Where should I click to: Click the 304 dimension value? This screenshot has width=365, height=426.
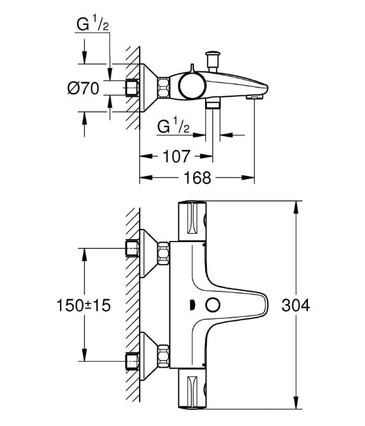[295, 305]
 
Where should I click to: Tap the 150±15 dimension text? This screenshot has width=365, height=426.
[84, 305]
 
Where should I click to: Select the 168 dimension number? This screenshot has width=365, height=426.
[197, 178]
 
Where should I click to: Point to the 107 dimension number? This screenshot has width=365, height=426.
[177, 156]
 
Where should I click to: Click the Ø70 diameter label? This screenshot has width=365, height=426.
[83, 88]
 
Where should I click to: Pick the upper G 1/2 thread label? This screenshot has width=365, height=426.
[93, 24]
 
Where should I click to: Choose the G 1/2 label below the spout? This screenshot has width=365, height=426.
[174, 126]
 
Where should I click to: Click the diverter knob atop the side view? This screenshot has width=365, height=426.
[213, 61]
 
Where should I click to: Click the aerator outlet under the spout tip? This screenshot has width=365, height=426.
[254, 97]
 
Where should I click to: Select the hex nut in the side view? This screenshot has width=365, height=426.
[163, 87]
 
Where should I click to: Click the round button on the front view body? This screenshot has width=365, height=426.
[212, 305]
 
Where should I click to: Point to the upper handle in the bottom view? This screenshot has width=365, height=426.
[192, 221]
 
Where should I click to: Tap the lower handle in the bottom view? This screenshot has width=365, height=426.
[192, 389]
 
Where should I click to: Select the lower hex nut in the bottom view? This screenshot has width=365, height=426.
[163, 355]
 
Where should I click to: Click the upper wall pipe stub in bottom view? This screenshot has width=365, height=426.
[132, 248]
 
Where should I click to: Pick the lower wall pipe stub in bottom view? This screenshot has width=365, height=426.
[132, 361]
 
